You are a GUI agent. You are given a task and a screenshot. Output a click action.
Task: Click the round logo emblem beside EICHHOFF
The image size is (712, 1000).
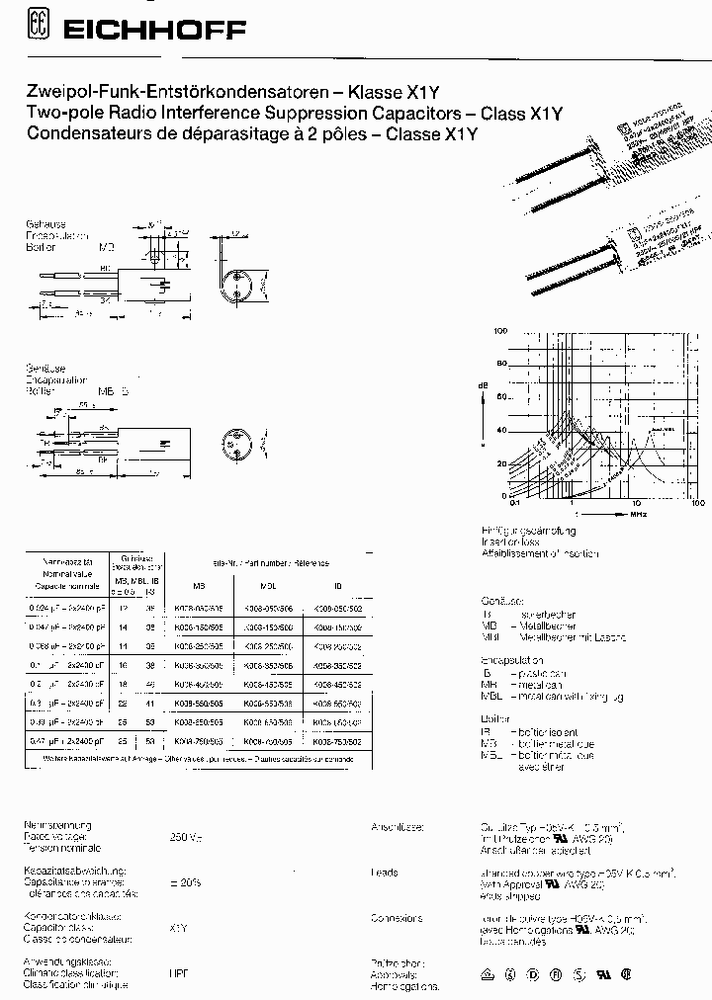coord(41,32)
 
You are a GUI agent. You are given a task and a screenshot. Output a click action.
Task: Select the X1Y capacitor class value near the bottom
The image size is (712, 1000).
coord(179,927)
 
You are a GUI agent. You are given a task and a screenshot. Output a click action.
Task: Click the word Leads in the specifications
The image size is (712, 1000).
coord(384,873)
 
